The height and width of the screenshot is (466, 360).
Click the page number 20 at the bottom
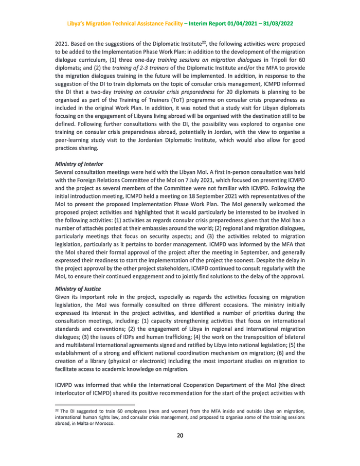point(180,436)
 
